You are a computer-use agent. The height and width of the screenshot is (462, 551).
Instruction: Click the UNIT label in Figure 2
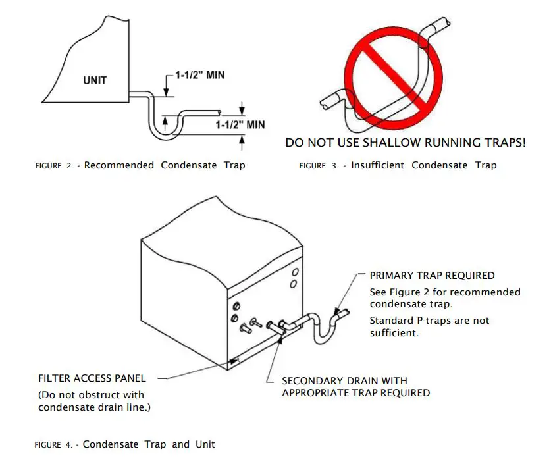coord(95,81)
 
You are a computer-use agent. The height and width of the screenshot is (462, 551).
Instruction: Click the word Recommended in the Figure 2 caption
coord(119,165)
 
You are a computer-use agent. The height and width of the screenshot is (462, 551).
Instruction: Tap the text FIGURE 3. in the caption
coord(319,166)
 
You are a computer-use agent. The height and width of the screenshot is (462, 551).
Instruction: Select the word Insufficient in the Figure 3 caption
coord(378,165)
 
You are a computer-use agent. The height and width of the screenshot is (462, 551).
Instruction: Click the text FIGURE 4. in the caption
coord(54,445)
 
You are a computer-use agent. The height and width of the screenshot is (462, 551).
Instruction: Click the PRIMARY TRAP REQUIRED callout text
coord(432,276)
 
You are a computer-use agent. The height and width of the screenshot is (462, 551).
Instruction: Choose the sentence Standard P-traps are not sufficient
coord(429,326)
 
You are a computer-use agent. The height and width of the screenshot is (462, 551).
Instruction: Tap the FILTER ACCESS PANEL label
coord(92,378)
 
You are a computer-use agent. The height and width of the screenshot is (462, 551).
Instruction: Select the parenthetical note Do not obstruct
coord(91,401)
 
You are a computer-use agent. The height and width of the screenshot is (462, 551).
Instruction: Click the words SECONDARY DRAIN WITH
coord(344,381)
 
